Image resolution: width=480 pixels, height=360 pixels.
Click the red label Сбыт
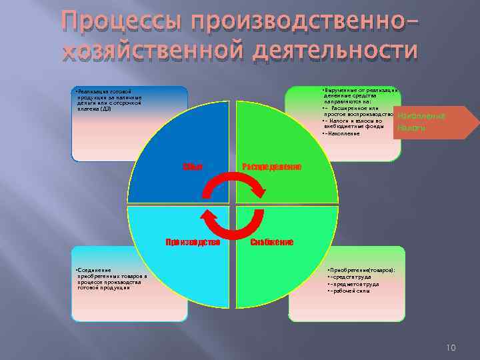click(191, 165)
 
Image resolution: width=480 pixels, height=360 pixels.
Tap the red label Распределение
click(271, 165)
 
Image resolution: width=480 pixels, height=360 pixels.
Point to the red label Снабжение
click(271, 242)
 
